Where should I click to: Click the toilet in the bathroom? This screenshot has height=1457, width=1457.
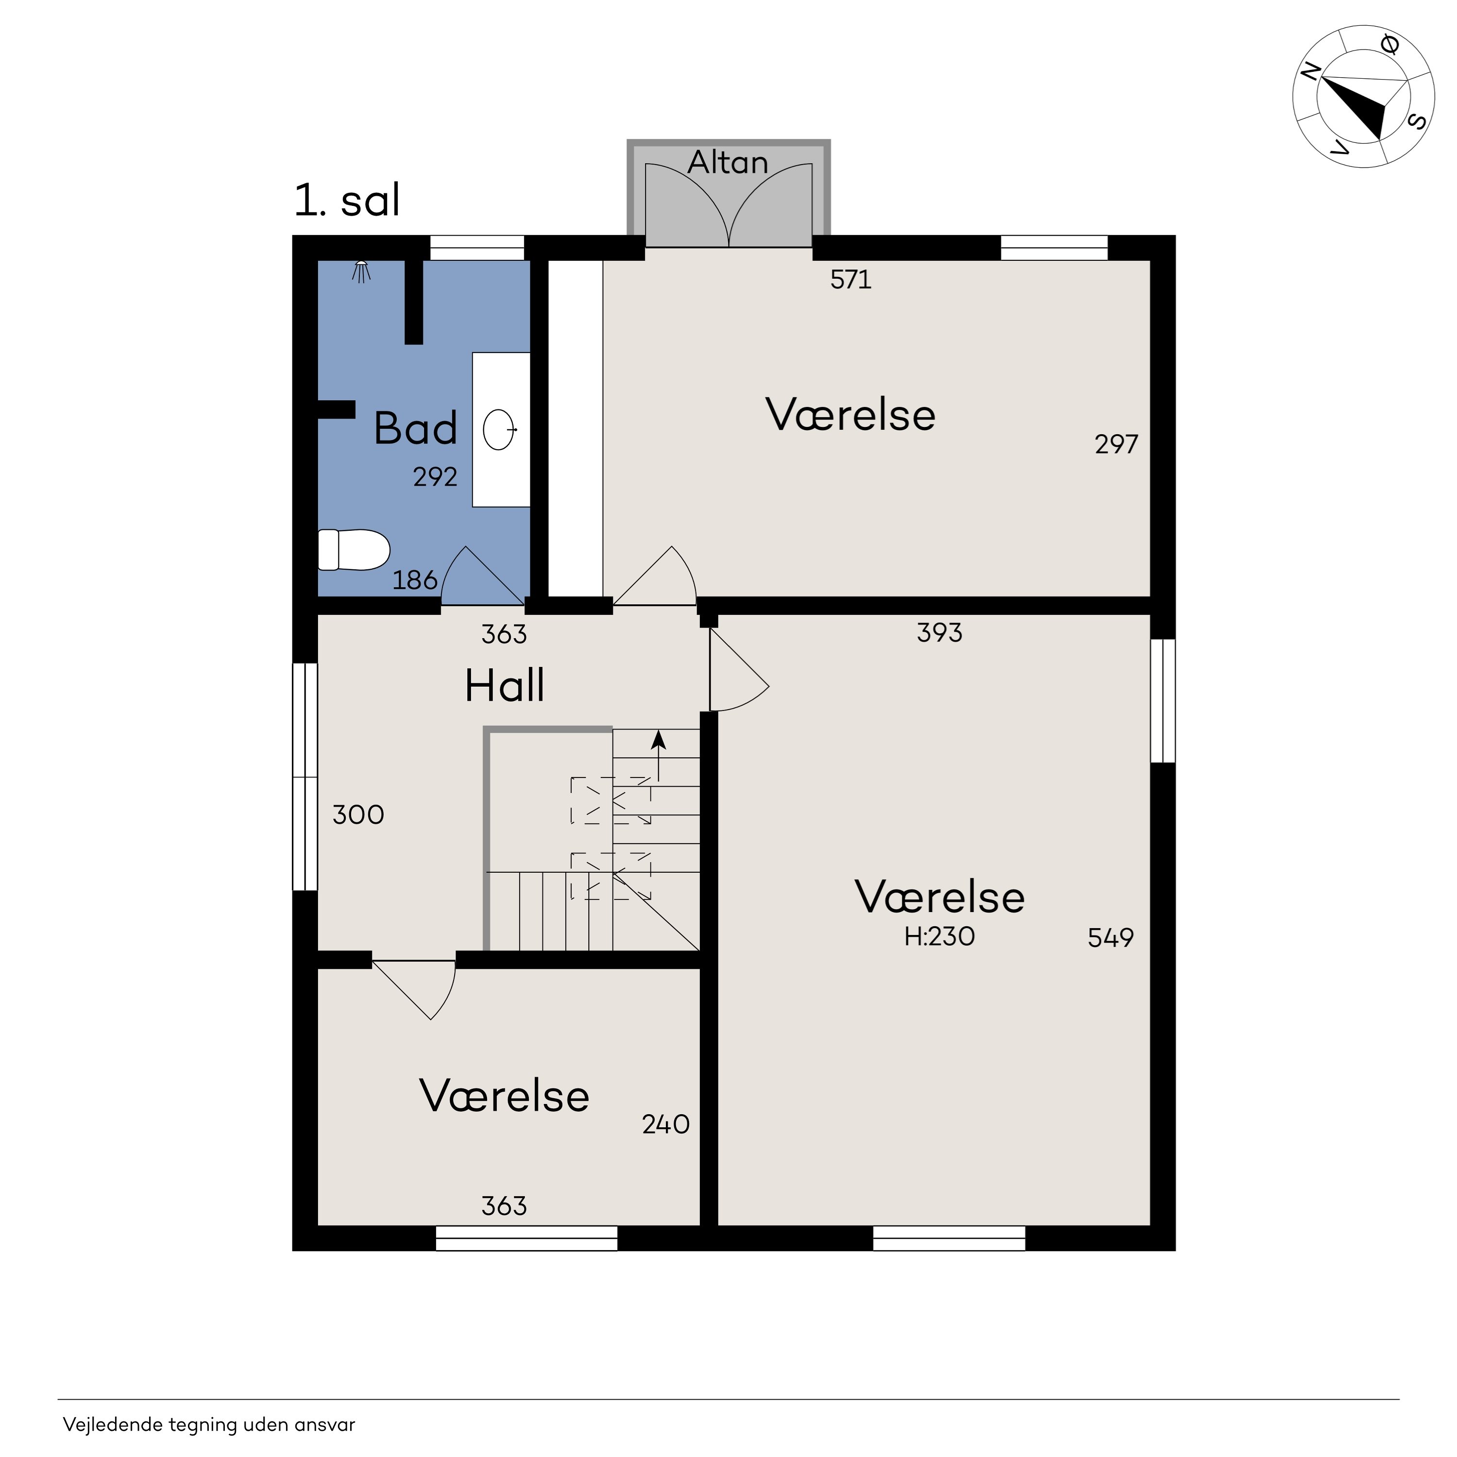[354, 550]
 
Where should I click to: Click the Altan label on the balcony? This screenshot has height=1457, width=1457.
[728, 162]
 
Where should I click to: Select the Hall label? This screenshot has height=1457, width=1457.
[505, 685]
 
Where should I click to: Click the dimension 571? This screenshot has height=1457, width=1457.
[851, 280]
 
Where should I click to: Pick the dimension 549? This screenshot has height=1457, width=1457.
[1111, 937]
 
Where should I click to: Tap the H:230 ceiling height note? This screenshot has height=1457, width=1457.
[940, 936]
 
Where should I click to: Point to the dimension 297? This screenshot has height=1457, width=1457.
[1116, 444]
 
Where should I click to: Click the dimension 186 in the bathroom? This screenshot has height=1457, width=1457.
[415, 580]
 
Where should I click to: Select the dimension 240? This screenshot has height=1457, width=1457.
[666, 1124]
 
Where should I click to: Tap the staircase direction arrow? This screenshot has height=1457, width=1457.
[659, 756]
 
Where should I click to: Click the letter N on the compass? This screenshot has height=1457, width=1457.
[1311, 72]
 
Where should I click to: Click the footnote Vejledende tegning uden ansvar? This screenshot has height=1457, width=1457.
[209, 1424]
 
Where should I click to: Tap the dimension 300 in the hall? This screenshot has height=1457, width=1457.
[358, 814]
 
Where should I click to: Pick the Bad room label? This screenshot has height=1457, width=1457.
[416, 428]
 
